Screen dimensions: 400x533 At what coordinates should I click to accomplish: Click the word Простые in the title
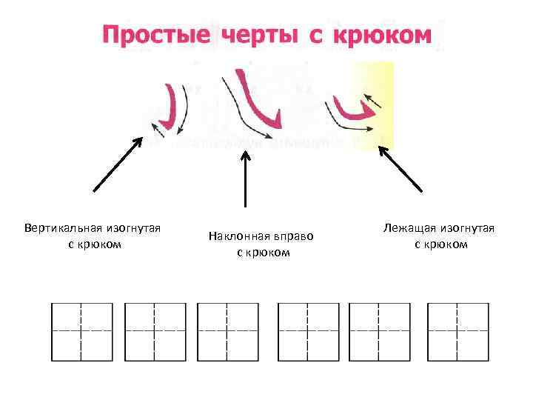point(152,35)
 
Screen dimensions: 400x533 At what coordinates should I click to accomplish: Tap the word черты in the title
point(255,35)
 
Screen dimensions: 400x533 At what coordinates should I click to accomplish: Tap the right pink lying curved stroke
point(352,111)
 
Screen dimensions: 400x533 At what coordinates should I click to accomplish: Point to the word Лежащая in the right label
point(409,227)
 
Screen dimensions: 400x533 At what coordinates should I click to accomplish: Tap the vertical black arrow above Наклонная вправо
point(245,178)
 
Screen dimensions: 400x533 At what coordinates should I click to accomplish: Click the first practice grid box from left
point(81,330)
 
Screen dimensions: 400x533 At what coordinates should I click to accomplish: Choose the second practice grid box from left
point(155,330)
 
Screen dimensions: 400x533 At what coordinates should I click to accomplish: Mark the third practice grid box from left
point(228,330)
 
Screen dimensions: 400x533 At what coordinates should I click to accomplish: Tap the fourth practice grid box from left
point(308,330)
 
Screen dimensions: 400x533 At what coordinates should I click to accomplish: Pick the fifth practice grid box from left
point(380,330)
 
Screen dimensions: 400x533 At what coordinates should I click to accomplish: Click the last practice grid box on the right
point(458,330)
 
